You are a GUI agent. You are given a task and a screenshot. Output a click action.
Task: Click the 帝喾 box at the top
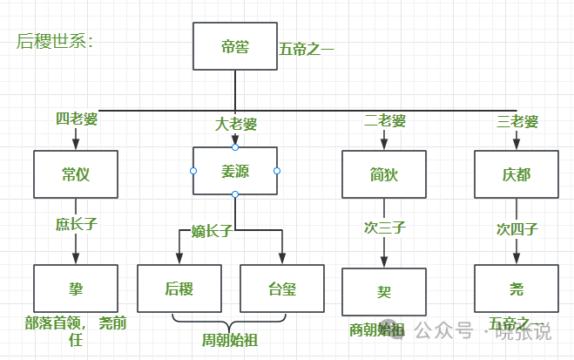click(235, 47)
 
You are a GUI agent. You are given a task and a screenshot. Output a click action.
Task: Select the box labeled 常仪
click(76, 173)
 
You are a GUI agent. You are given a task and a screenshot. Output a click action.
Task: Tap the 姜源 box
click(235, 170)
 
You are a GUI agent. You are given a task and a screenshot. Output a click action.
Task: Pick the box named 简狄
click(383, 173)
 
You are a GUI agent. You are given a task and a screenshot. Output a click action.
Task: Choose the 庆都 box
click(517, 173)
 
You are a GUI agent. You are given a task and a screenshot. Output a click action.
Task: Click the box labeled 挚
click(76, 288)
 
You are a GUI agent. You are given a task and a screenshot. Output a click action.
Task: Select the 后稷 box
click(179, 288)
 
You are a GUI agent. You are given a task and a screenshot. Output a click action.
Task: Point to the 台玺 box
click(281, 288)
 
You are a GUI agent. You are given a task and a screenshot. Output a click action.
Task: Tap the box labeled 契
click(383, 291)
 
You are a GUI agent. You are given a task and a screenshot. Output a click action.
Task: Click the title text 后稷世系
click(55, 41)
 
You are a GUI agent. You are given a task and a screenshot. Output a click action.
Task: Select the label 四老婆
click(76, 119)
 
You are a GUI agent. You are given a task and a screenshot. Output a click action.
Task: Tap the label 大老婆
click(235, 124)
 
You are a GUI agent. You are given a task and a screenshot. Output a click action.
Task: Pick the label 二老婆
click(384, 120)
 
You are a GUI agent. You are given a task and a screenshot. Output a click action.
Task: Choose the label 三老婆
click(517, 120)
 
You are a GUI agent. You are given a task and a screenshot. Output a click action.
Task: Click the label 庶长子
click(76, 224)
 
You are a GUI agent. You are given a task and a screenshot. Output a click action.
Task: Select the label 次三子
click(384, 228)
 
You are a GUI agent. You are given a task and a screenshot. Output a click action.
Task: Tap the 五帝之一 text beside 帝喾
click(307, 49)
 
